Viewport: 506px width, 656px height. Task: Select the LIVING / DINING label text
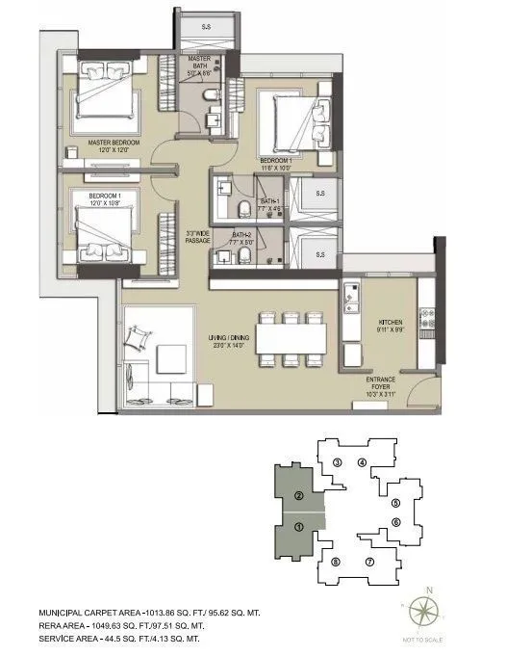(232, 338)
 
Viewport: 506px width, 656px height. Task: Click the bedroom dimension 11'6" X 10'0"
(281, 166)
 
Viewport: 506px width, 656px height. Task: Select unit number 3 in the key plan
(336, 462)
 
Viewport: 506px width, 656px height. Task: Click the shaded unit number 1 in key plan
(299, 527)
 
